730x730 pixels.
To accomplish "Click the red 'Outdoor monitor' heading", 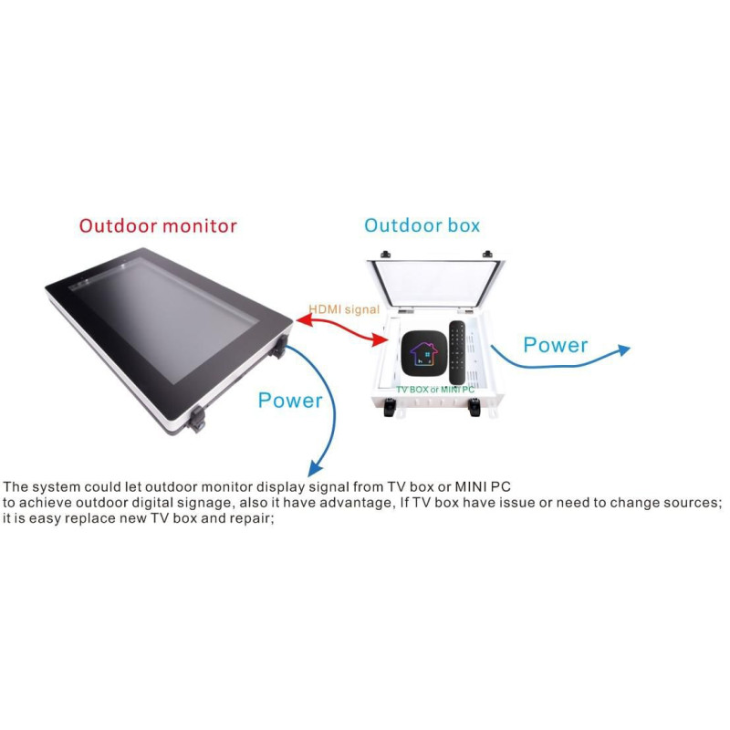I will point(158,225).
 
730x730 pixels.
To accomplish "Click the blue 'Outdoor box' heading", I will point(422,224).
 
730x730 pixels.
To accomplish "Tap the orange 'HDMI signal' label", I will point(343,309).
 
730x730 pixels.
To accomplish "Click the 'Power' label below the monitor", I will point(290,401).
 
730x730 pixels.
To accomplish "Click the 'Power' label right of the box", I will point(555,345).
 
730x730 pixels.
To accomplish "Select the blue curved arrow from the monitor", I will point(324,411).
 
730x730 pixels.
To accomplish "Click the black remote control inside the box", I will point(458,352).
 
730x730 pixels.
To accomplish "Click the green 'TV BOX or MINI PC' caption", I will point(434,389).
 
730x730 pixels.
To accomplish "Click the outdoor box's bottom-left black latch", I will point(391,410).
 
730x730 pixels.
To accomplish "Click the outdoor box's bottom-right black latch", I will point(474,409).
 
